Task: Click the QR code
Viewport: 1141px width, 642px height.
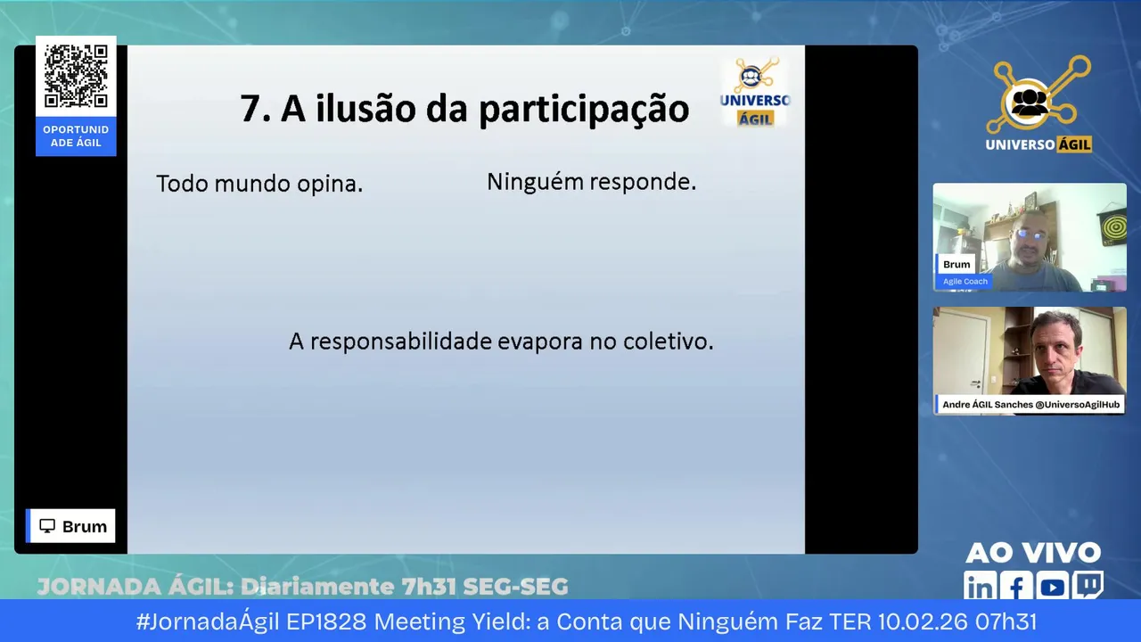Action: click(x=76, y=76)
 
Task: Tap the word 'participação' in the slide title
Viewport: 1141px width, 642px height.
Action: click(x=584, y=110)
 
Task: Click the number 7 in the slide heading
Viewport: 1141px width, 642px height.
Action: click(x=250, y=109)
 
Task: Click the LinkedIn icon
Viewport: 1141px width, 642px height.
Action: click(x=980, y=586)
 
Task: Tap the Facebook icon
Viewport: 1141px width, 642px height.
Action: click(x=1015, y=586)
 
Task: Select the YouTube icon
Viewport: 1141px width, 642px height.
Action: click(x=1052, y=587)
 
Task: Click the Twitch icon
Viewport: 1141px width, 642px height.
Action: click(x=1088, y=584)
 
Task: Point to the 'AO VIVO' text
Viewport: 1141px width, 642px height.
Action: click(x=1033, y=553)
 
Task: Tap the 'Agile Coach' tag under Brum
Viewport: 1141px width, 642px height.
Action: click(x=965, y=281)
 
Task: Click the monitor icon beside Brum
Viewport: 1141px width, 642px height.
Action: click(x=47, y=526)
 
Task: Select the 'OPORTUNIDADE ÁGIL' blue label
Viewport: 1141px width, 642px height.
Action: click(x=76, y=136)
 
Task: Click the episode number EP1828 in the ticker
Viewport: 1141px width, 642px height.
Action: click(x=326, y=621)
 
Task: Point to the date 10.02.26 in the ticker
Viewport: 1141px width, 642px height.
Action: click(x=923, y=621)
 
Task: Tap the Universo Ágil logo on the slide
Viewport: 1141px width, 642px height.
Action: click(x=755, y=92)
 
